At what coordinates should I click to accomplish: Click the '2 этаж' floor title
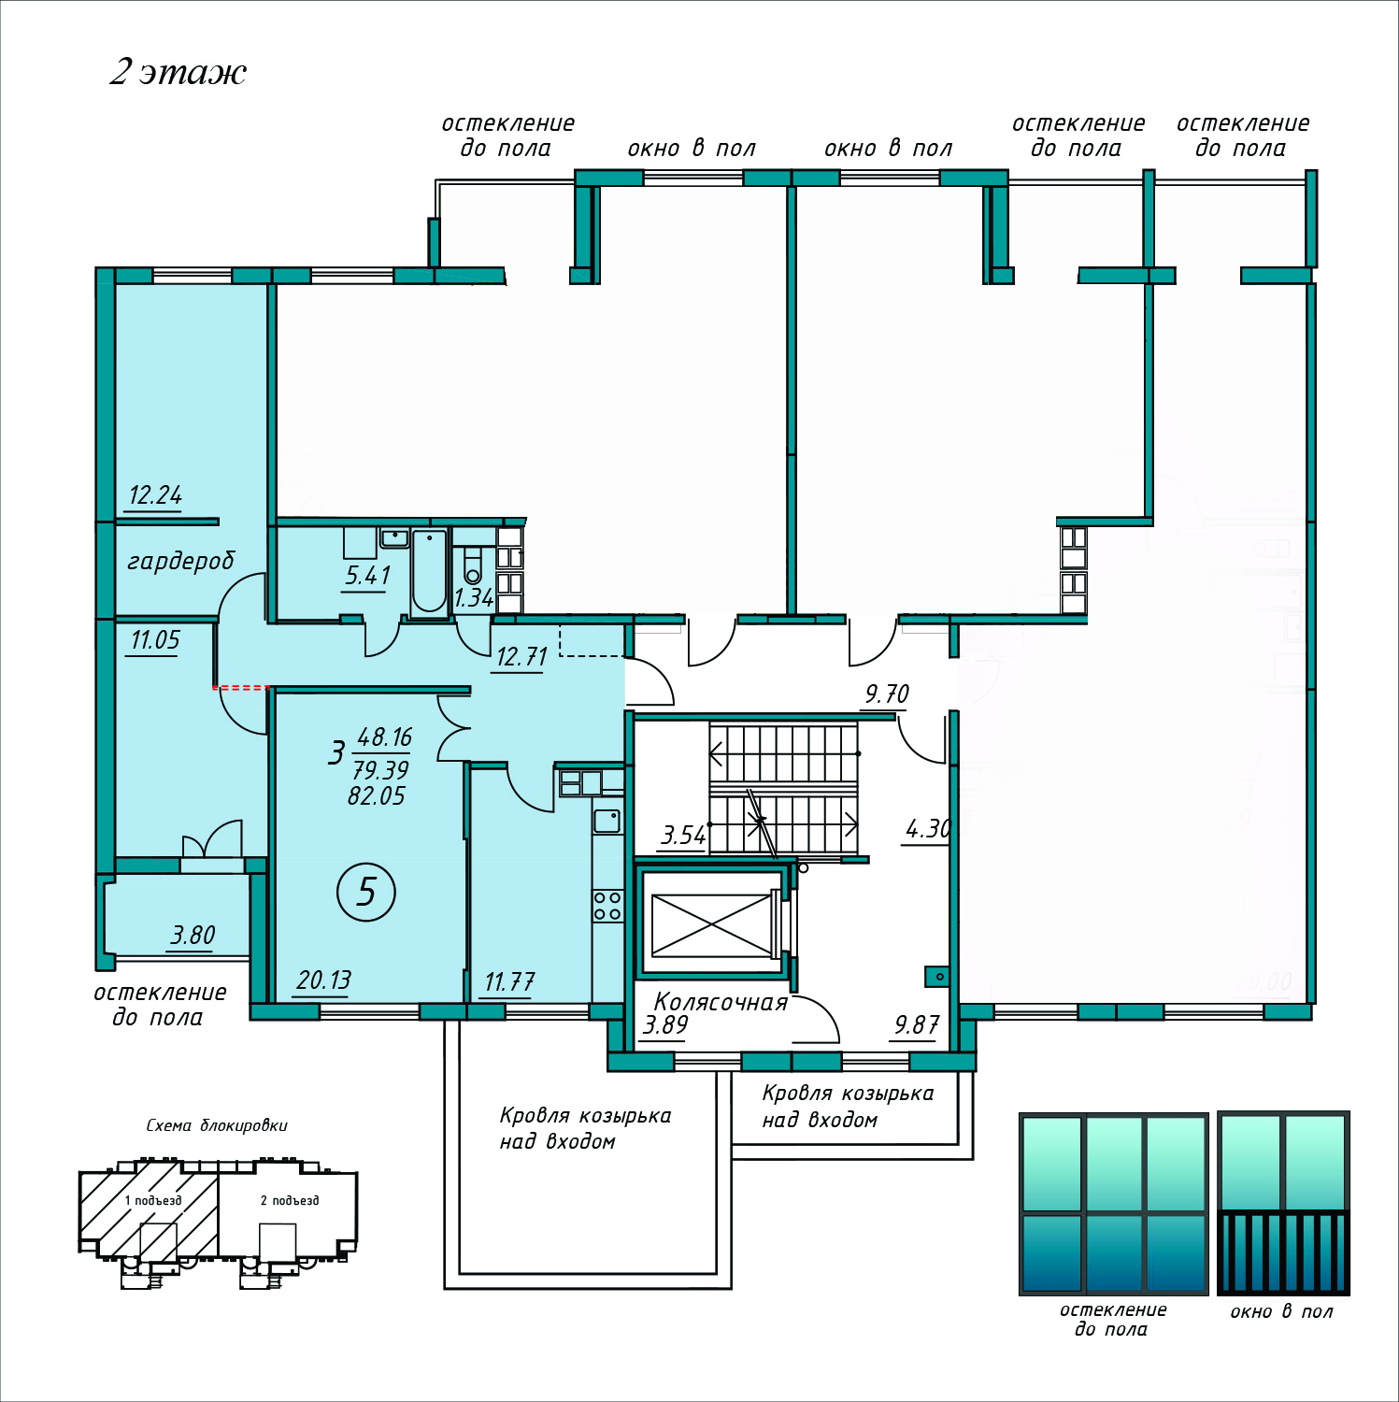(178, 72)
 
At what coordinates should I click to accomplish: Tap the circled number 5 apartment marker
(366, 892)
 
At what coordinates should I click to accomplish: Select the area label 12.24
(155, 494)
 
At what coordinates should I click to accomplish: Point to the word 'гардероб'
(180, 561)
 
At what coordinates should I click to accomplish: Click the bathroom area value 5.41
(367, 575)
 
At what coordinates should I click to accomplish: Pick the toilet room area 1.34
(474, 598)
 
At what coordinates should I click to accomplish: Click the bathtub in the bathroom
(429, 572)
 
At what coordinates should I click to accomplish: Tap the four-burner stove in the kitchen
(607, 906)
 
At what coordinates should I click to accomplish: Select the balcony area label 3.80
(193, 935)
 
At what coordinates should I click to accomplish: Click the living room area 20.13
(324, 980)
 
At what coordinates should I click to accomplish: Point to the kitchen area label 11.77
(509, 981)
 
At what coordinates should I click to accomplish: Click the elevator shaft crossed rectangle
(712, 925)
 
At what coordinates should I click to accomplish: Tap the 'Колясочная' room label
(721, 1002)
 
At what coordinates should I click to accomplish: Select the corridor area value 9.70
(887, 694)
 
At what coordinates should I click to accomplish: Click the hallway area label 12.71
(521, 656)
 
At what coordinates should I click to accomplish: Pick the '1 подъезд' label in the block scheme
(153, 1200)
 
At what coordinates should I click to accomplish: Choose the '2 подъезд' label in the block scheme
(290, 1200)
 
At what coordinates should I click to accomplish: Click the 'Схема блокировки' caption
(217, 1125)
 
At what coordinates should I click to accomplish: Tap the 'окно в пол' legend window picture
(1284, 1203)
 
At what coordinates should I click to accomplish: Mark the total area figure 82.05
(377, 795)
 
